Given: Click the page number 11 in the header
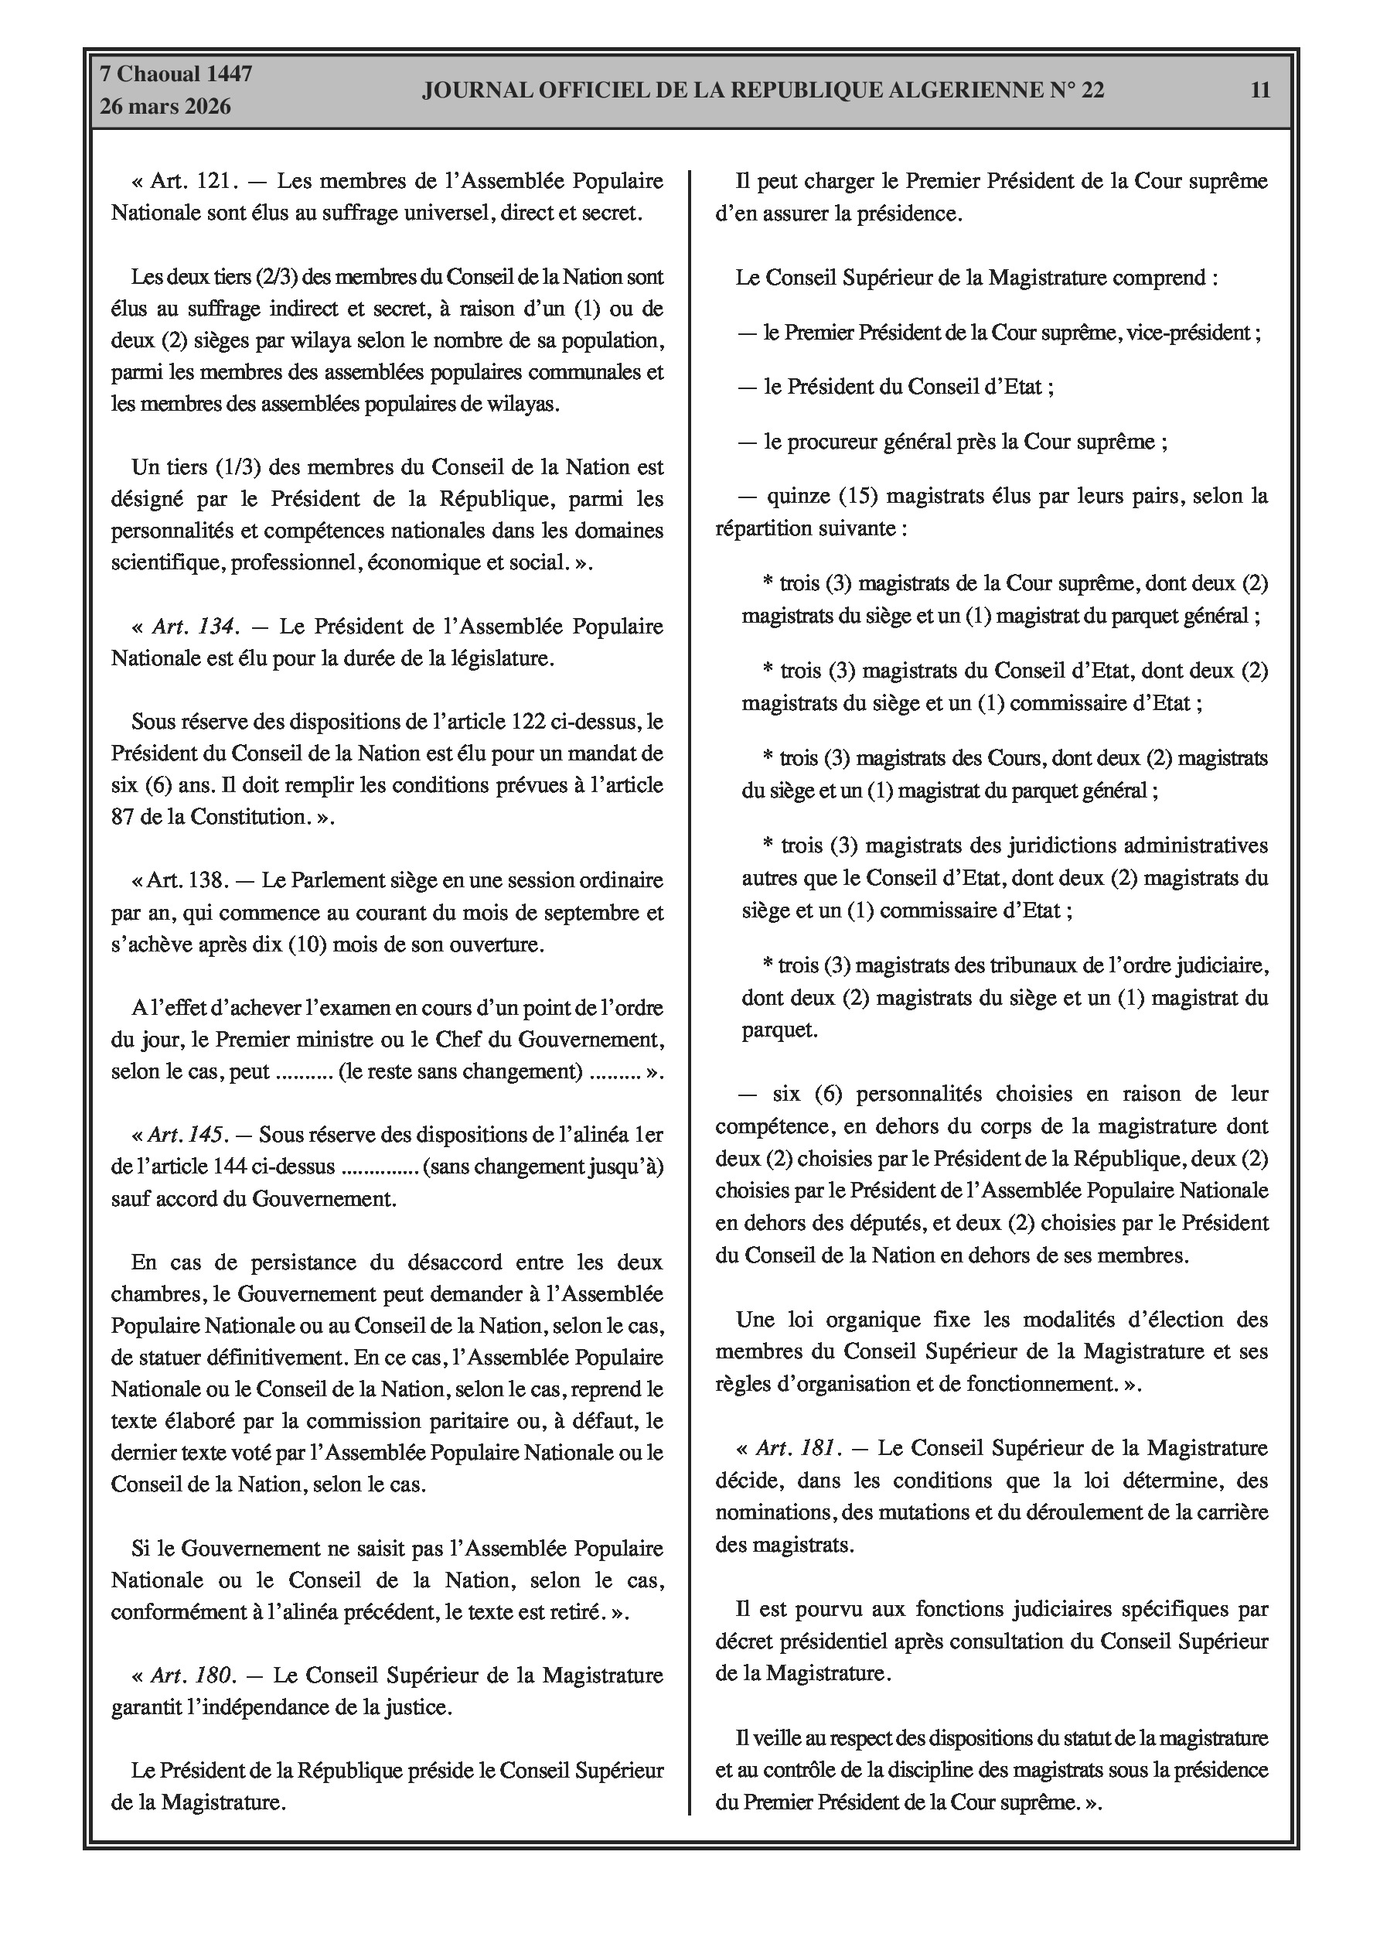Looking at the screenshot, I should [x=1260, y=91].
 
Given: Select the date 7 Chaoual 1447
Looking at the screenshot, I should [x=176, y=74].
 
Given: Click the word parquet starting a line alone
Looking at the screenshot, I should [x=778, y=1030].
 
